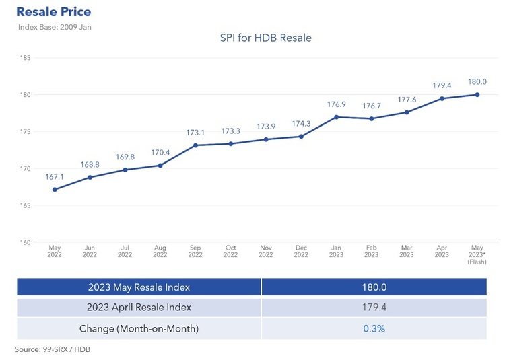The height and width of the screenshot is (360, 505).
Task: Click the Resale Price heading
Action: click(53, 12)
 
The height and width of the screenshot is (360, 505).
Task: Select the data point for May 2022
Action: click(55, 189)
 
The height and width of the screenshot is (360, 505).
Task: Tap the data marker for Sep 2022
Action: click(195, 145)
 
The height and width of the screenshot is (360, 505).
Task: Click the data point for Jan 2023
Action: click(336, 117)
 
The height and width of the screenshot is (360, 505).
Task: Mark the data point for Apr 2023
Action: click(442, 98)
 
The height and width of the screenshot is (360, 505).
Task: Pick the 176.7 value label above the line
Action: click(371, 106)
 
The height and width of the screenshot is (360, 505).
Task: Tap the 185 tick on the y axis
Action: click(26, 58)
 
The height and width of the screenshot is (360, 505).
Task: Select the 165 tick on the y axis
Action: click(26, 205)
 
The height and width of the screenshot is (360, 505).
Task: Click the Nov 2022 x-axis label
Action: click(265, 252)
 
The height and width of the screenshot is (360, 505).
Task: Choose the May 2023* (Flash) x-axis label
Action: click(477, 254)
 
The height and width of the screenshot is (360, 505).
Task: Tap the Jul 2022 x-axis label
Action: click(125, 252)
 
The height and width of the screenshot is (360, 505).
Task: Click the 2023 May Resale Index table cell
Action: click(139, 287)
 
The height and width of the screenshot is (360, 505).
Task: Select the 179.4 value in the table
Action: click(374, 308)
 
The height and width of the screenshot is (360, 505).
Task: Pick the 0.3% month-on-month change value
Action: click(374, 328)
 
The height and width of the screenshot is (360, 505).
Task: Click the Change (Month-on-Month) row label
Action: click(139, 328)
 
